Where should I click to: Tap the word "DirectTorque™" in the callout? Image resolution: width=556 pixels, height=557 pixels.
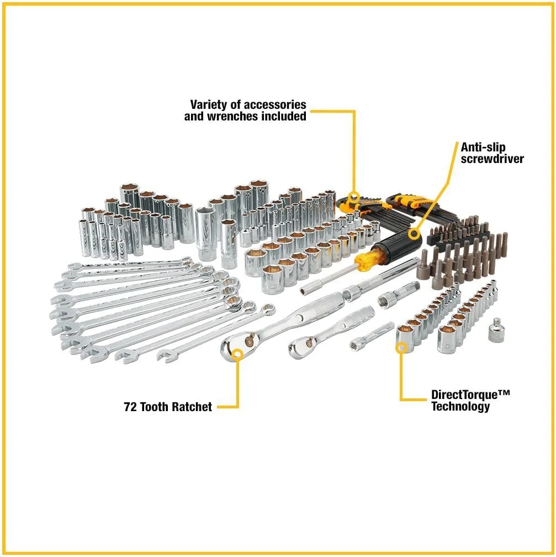coord(470,395)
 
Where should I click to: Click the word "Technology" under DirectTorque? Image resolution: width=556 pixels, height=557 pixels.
coord(460,407)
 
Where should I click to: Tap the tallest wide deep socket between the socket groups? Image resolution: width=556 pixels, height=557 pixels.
coord(206,232)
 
